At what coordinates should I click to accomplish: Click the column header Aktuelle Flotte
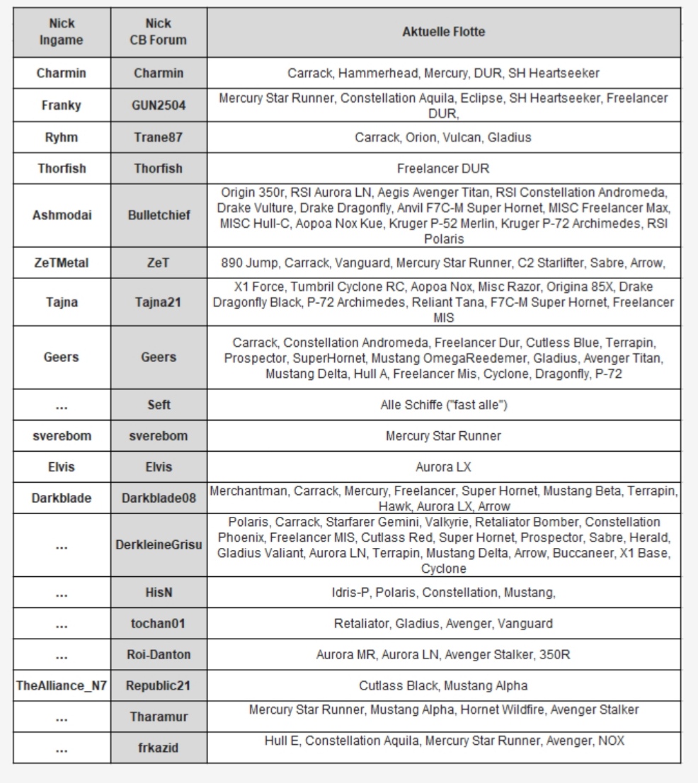[x=443, y=32]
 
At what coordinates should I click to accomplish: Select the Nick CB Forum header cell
[x=159, y=32]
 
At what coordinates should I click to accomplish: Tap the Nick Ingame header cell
[x=61, y=32]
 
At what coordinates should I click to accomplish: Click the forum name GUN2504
[x=159, y=105]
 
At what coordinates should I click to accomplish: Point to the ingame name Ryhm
[x=61, y=137]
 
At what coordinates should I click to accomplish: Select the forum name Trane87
[x=159, y=137]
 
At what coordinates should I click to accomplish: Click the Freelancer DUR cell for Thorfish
[x=443, y=168]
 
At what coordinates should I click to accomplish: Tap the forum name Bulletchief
[x=159, y=215]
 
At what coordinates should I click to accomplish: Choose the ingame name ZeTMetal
[x=61, y=263]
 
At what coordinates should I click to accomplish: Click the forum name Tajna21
[x=159, y=302]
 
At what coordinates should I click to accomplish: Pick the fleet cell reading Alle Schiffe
[x=443, y=405]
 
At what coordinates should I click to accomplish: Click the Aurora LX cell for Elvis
[x=443, y=467]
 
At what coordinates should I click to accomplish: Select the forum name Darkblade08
[x=159, y=498]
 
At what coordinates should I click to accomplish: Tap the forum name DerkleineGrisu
[x=159, y=544]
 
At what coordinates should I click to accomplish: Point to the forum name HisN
[x=159, y=593]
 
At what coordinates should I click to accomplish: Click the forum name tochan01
[x=159, y=624]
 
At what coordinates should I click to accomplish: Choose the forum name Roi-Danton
[x=159, y=655]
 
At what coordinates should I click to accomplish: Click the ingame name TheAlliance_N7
[x=61, y=686]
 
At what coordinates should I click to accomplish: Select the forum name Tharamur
[x=159, y=717]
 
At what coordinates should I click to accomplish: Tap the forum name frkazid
[x=159, y=748]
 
